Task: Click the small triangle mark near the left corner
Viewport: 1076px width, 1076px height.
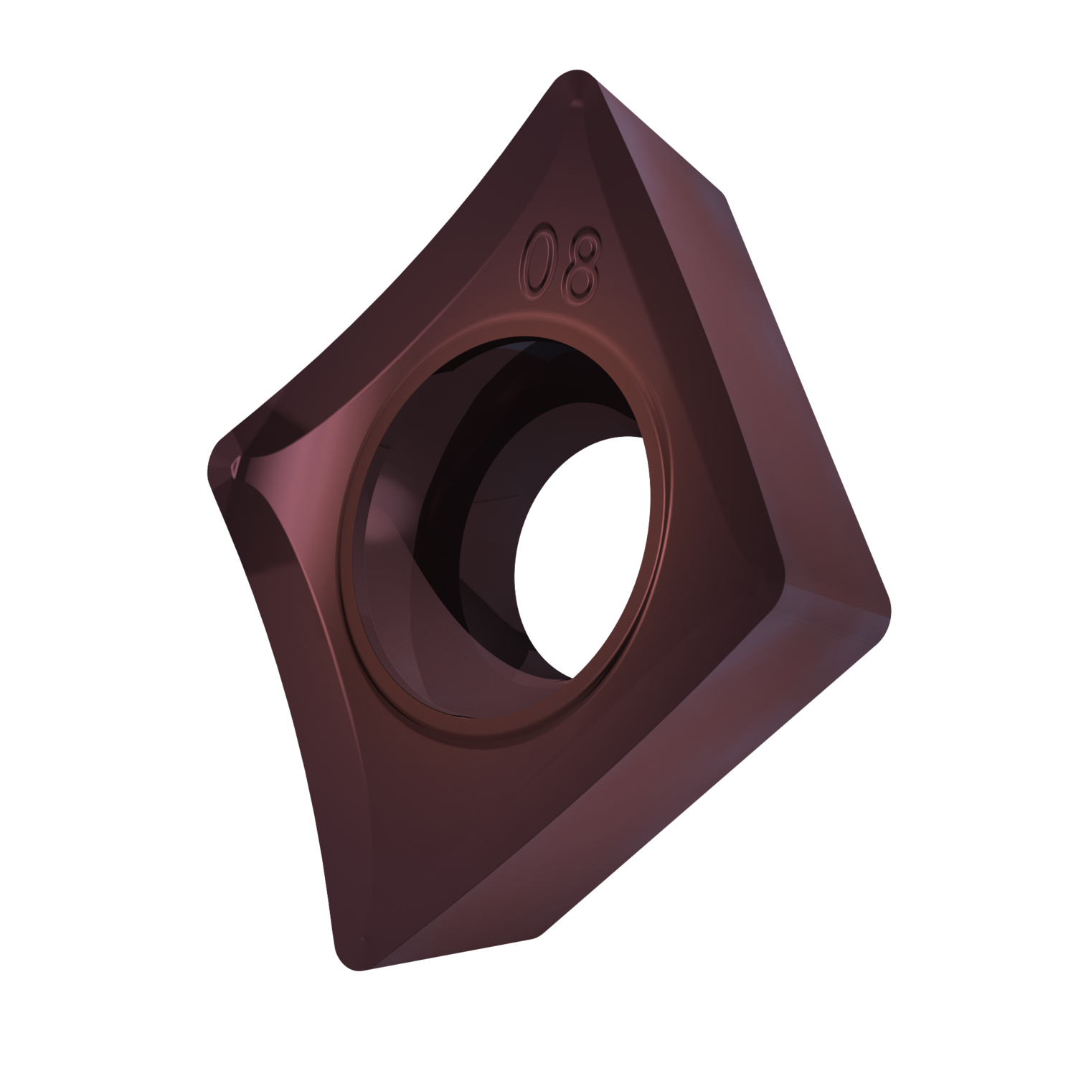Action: pos(234,467)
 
